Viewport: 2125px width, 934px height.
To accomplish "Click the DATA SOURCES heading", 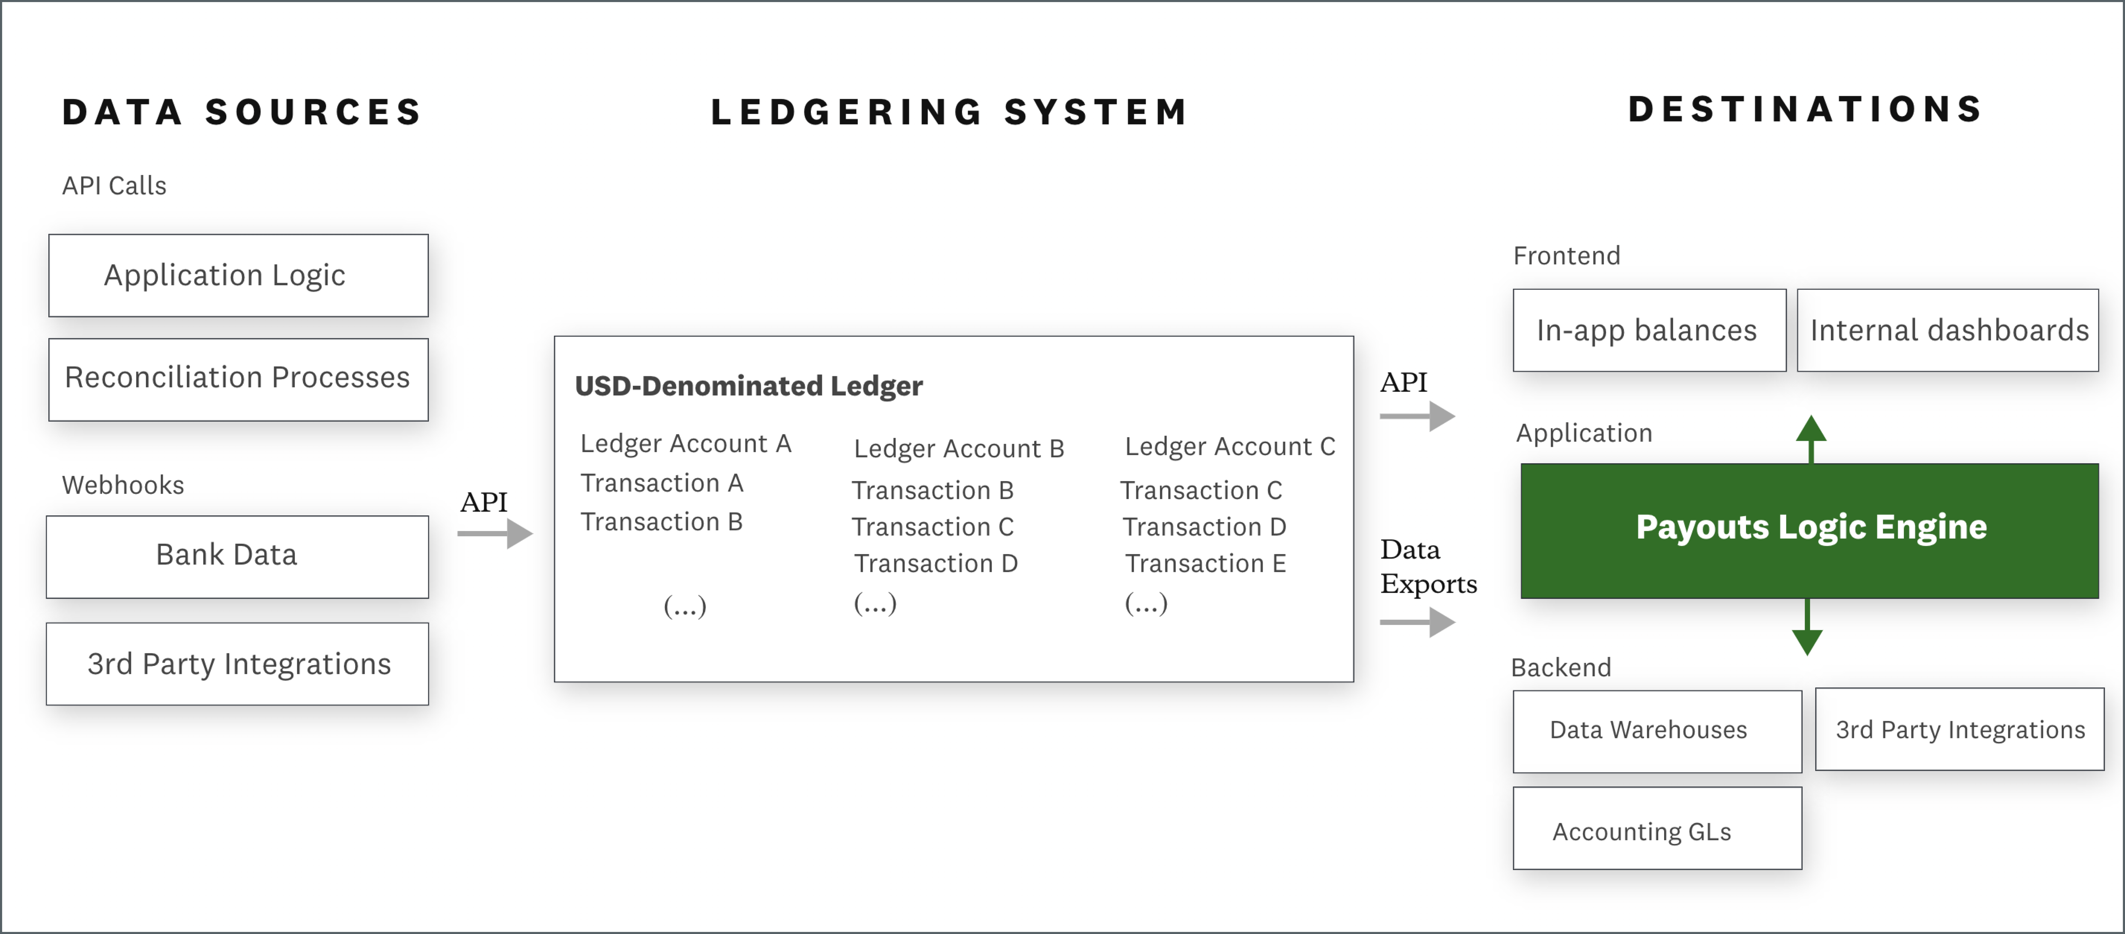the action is coord(243,112).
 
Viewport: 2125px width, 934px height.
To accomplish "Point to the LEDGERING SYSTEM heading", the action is coord(949,112).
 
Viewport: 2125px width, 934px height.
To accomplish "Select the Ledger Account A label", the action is coord(686,444).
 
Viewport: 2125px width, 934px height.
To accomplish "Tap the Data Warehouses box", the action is coord(1657,731).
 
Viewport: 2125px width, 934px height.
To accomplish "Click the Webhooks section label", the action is coord(123,485).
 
